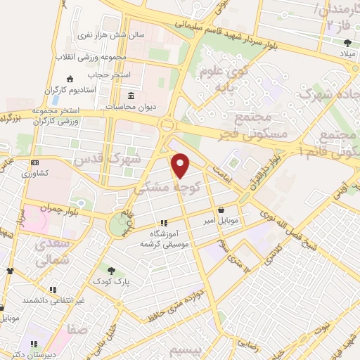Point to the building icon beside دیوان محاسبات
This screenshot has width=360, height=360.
coord(131,96)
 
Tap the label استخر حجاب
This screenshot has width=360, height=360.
coord(105,75)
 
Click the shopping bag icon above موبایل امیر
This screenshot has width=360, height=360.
coord(221,210)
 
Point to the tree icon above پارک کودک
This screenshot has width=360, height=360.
coord(110,269)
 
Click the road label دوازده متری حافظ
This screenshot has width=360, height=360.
coord(176,307)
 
